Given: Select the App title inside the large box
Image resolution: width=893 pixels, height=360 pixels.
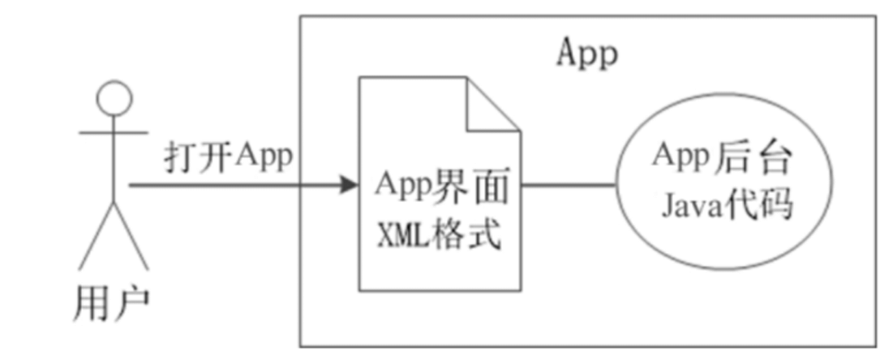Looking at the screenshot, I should [587, 54].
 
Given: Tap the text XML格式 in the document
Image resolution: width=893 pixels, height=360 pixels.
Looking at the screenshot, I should [439, 235].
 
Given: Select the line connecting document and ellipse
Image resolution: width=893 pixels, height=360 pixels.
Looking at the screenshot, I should [568, 186].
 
